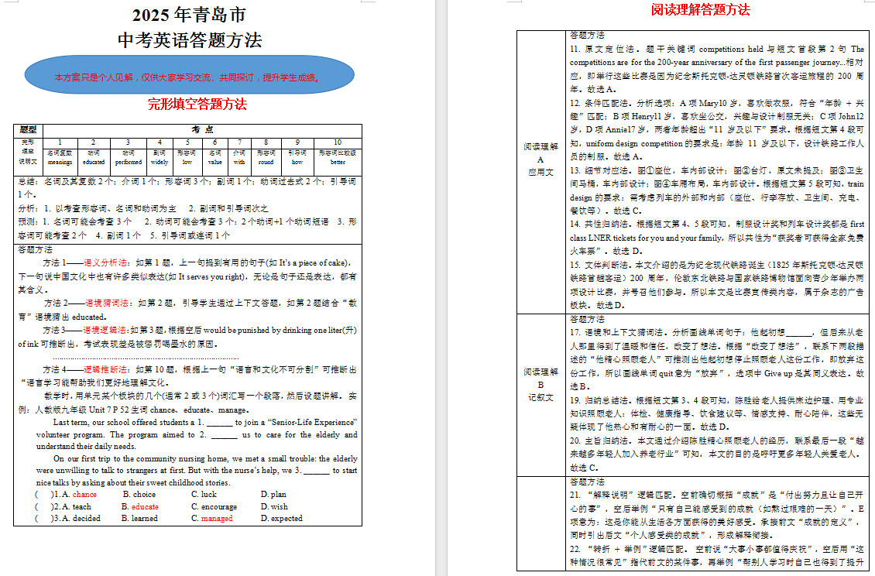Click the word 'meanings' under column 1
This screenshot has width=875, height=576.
tap(60, 163)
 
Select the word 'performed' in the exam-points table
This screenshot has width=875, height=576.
tap(128, 163)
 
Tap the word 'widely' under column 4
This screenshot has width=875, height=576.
tap(160, 163)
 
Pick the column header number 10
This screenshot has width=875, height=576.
tap(337, 142)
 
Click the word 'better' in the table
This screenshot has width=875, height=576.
tap(337, 163)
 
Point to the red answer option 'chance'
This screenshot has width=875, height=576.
tap(84, 494)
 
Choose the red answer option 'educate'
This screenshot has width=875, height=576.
tap(145, 506)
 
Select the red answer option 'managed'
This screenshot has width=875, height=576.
tap(216, 518)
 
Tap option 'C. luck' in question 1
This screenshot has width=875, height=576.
tap(204, 494)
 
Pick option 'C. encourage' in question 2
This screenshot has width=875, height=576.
tap(214, 506)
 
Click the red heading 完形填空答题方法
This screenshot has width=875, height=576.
tap(197, 104)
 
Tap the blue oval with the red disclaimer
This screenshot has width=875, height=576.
tap(189, 77)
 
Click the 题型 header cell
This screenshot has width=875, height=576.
tap(28, 129)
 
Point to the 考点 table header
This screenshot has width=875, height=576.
tap(202, 129)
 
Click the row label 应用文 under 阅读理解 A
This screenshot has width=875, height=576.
tap(540, 172)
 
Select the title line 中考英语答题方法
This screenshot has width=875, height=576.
tap(189, 40)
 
